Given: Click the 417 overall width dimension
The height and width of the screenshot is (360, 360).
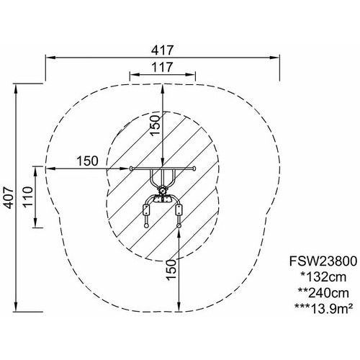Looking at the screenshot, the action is click(x=162, y=50).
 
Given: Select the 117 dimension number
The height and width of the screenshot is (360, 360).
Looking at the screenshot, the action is click(x=162, y=67).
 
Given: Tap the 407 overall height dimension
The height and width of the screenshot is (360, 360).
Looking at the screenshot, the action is click(x=9, y=197).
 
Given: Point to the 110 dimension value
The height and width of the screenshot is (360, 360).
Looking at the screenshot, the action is click(x=27, y=197).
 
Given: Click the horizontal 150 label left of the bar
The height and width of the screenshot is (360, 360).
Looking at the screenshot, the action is click(x=87, y=161).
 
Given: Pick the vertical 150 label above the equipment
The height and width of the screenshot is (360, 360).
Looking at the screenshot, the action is click(x=156, y=125).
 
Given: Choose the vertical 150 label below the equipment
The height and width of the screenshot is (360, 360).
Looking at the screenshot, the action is click(x=171, y=269).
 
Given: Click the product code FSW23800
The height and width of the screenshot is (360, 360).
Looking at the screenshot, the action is click(x=323, y=261).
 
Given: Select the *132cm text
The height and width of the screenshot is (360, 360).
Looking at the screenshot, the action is click(x=324, y=277).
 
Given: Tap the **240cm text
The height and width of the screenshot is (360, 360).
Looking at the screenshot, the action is click(x=323, y=293).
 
